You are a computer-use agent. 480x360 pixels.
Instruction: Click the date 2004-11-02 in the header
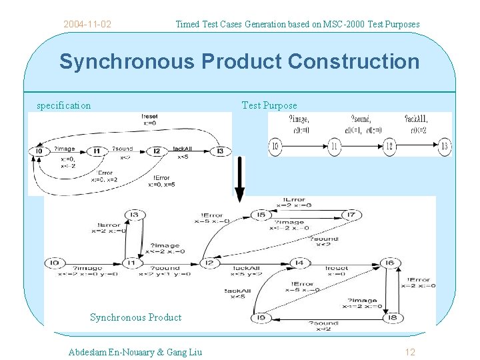(87, 25)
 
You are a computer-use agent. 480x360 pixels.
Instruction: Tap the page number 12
(410, 351)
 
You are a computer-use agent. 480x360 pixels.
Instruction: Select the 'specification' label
(64, 105)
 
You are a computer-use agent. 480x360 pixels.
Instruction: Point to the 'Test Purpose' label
(269, 105)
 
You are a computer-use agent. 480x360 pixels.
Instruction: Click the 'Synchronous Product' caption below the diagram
(135, 317)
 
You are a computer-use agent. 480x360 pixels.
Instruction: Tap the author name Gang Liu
(181, 351)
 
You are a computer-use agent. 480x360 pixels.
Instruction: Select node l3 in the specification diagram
(220, 151)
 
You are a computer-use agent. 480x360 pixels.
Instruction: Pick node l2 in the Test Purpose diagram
(389, 147)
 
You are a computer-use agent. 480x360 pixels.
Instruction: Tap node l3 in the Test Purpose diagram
(443, 147)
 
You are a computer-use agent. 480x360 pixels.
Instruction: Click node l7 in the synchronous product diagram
(351, 215)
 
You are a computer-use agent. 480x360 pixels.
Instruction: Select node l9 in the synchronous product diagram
(261, 319)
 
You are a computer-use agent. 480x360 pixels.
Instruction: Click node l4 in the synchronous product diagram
(299, 263)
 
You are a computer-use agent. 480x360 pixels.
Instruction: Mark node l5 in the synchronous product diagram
(261, 215)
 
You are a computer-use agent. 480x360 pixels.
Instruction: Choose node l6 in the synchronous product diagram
(391, 263)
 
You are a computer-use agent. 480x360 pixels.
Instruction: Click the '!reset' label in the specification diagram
(150, 116)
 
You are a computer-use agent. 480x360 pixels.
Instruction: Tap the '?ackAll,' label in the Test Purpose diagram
(417, 119)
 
